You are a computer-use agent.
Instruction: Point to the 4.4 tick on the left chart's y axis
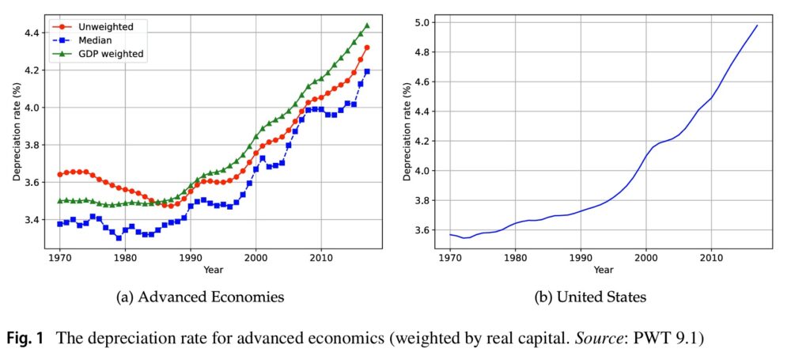35,32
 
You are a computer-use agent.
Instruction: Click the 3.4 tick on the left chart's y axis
35,219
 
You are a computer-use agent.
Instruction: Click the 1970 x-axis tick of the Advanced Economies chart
60,258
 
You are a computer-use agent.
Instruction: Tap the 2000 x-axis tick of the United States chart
646,258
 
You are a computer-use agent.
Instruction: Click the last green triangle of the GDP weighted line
366,25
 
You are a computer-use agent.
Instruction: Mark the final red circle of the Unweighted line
366,47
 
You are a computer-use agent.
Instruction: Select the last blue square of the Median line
366,71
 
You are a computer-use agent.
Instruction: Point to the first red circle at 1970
60,174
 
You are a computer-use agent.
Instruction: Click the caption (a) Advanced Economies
199,297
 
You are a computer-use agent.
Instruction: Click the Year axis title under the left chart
213,270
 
